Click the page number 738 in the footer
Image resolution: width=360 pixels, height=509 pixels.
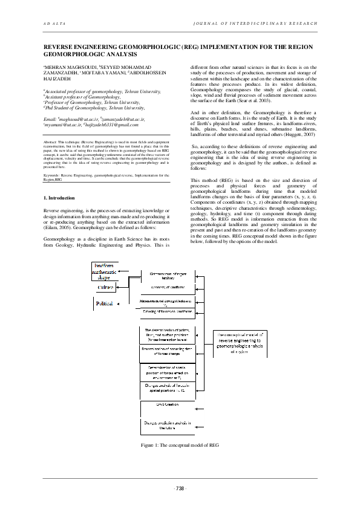(x=180, y=488)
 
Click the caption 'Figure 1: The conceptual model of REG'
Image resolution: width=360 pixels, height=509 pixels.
(x=180, y=445)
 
